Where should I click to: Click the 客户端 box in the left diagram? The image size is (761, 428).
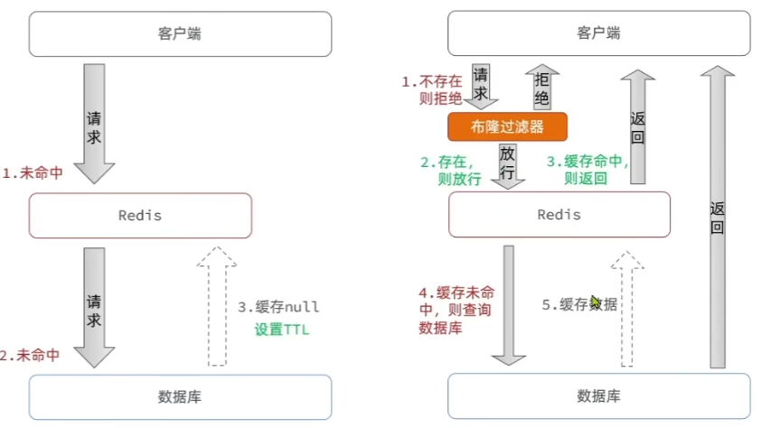(181, 34)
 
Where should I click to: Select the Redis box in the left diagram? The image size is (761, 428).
(140, 216)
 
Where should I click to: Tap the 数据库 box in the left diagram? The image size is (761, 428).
(181, 396)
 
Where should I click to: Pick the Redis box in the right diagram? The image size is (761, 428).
(559, 215)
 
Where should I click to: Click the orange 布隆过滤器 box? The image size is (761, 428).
(507, 126)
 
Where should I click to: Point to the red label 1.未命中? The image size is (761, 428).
(33, 172)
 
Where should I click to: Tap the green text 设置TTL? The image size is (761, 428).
(281, 330)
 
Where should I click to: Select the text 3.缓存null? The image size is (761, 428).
(279, 307)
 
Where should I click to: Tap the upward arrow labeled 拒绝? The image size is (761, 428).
(540, 88)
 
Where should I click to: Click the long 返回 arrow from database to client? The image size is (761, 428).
(717, 217)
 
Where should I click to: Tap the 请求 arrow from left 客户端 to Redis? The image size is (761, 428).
(94, 122)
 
